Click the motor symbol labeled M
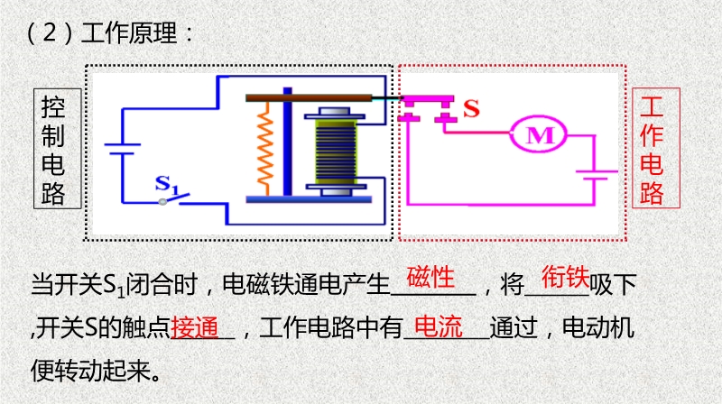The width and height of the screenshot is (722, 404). (x=539, y=135)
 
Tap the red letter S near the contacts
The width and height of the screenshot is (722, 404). (x=471, y=108)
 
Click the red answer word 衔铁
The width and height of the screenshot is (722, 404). (x=565, y=276)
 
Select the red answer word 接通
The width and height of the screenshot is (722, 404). (x=195, y=326)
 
